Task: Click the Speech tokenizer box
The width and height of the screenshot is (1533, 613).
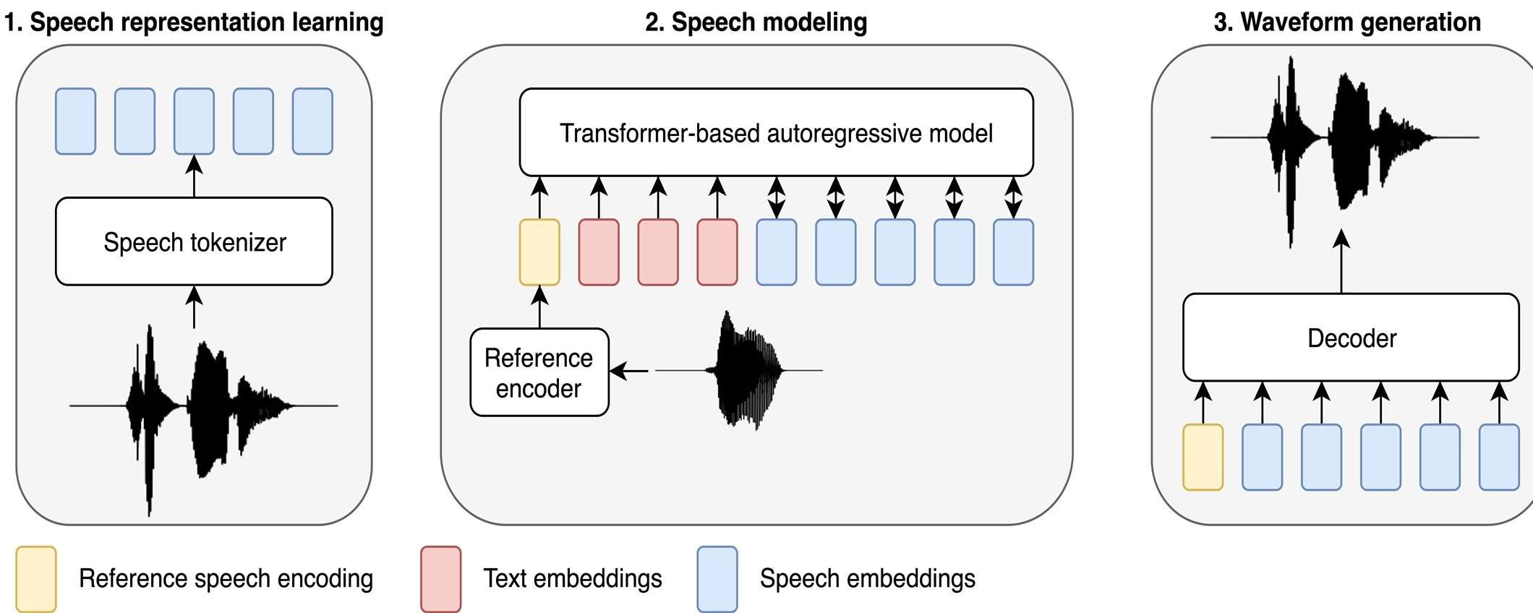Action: pyautogui.click(x=194, y=241)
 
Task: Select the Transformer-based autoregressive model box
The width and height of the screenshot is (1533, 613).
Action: pyautogui.click(x=776, y=132)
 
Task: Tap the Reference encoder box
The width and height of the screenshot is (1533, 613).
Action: pyautogui.click(x=539, y=372)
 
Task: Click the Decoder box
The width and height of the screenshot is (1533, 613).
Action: pyautogui.click(x=1351, y=337)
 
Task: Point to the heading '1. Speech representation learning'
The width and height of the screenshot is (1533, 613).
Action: pyautogui.click(x=194, y=22)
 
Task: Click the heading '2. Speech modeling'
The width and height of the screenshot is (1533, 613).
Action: pyautogui.click(x=756, y=22)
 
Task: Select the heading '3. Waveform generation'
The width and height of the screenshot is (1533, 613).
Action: pyautogui.click(x=1347, y=22)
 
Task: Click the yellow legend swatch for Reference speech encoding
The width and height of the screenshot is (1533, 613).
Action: pyautogui.click(x=36, y=579)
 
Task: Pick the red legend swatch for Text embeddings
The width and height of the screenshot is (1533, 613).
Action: pyautogui.click(x=440, y=579)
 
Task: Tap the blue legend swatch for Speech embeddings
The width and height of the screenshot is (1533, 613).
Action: pyautogui.click(x=717, y=579)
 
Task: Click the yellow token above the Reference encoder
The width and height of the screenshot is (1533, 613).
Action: pyautogui.click(x=539, y=252)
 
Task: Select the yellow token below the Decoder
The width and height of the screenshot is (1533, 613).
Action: pyautogui.click(x=1203, y=457)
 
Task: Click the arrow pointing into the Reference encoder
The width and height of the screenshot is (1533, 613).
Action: pyautogui.click(x=630, y=372)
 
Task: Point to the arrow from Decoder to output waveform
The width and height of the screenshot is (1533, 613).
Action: pyautogui.click(x=1341, y=262)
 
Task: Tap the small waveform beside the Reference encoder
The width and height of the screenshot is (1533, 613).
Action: pyautogui.click(x=745, y=370)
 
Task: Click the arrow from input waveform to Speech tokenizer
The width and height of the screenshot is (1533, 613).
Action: pyautogui.click(x=194, y=307)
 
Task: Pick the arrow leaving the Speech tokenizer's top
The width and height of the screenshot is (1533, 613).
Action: pyautogui.click(x=194, y=176)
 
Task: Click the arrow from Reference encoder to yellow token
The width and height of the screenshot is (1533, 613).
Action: pyautogui.click(x=539, y=307)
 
